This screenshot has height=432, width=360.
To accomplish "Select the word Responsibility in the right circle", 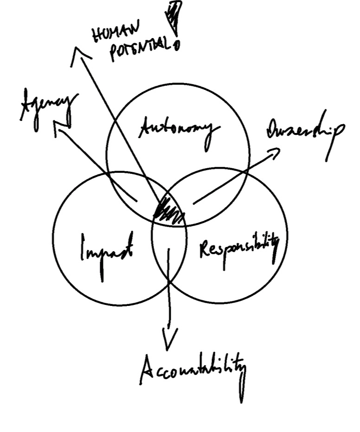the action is pos(239,248).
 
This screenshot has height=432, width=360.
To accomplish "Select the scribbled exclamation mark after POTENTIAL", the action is pos(175,19).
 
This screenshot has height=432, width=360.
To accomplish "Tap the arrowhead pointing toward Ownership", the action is pos(274,152).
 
